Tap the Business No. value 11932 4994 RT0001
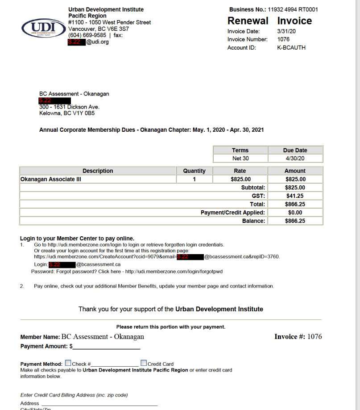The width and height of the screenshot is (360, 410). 293,9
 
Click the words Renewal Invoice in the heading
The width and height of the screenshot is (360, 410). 269,21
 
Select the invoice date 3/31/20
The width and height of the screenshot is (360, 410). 283,31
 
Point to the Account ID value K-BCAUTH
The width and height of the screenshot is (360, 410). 291,48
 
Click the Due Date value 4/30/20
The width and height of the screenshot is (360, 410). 295,159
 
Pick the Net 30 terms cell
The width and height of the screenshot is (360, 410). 240,159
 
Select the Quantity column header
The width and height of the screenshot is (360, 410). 194,171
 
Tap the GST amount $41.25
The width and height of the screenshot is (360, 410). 295,196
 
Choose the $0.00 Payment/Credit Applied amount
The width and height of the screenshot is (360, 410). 295,213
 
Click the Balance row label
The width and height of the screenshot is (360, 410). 253,221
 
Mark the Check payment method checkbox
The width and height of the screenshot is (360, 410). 68,363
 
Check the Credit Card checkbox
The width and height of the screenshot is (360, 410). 144,363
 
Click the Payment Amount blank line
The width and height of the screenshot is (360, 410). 107,347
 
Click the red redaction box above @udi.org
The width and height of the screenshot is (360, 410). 76,42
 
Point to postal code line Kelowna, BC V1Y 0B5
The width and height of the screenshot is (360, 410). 67,113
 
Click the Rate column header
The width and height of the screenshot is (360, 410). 240,171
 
